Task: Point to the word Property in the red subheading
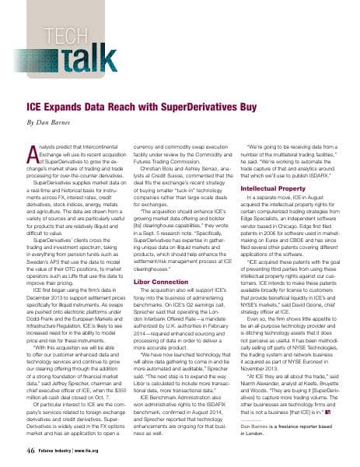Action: pos(289,188)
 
